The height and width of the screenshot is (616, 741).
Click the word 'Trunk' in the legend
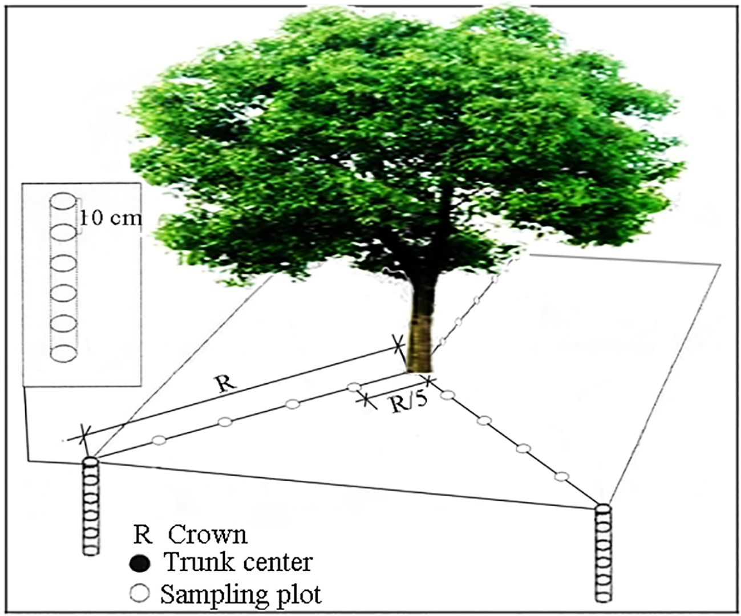193,562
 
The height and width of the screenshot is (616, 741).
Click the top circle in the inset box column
63,201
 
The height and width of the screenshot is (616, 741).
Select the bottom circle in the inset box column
63,352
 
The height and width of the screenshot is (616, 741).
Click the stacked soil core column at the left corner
91,505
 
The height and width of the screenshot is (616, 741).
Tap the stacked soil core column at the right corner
603,552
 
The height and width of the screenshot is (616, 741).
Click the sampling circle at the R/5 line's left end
354,388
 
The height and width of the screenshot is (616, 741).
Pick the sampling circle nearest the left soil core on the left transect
160,440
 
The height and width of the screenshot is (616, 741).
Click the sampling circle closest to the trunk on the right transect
448,394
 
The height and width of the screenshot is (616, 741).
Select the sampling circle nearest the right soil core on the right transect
562,476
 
